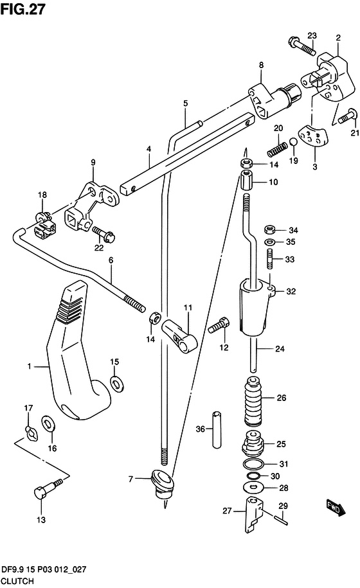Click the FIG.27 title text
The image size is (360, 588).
(22, 9)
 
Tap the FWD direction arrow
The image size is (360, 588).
(336, 508)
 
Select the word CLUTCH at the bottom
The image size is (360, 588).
(17, 581)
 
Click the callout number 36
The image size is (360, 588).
(201, 429)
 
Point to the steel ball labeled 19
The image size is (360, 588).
(293, 142)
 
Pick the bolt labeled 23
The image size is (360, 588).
(302, 46)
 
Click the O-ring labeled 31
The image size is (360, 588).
(254, 464)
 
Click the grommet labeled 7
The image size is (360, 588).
(163, 484)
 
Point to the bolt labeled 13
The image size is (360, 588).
(48, 488)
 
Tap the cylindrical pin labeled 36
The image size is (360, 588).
(217, 430)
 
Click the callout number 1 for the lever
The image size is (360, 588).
(30, 366)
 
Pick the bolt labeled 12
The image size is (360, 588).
(219, 325)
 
